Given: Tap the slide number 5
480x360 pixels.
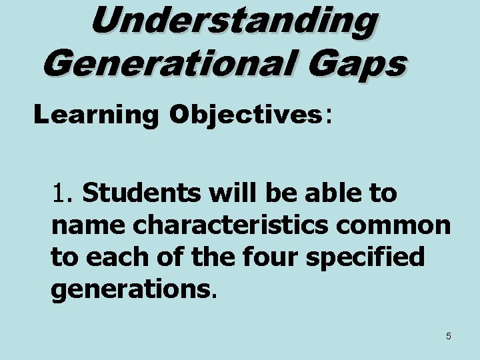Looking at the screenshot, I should tap(448, 336).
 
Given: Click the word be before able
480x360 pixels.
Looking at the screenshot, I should tap(277, 194).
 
